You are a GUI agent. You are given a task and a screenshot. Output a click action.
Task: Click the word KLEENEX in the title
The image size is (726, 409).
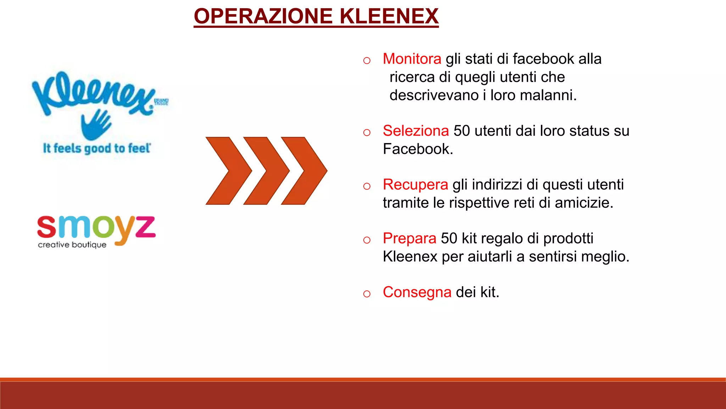[389, 16]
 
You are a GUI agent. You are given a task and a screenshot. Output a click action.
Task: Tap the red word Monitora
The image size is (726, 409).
[412, 59]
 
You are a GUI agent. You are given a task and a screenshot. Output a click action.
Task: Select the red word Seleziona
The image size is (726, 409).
[416, 131]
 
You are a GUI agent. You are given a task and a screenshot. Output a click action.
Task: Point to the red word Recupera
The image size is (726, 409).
[415, 185]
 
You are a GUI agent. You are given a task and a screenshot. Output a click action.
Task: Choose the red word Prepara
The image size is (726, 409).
[409, 238]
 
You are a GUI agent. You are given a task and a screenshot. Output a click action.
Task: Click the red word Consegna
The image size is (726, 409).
[417, 292]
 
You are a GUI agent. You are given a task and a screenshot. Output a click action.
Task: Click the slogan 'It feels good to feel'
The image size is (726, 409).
[97, 148]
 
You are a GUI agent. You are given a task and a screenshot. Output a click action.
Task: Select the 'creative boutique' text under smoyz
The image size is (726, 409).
[72, 245]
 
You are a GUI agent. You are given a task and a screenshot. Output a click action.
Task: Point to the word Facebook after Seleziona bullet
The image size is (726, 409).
[418, 149]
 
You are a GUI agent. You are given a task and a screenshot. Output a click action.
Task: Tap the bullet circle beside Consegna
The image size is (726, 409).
[367, 294]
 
